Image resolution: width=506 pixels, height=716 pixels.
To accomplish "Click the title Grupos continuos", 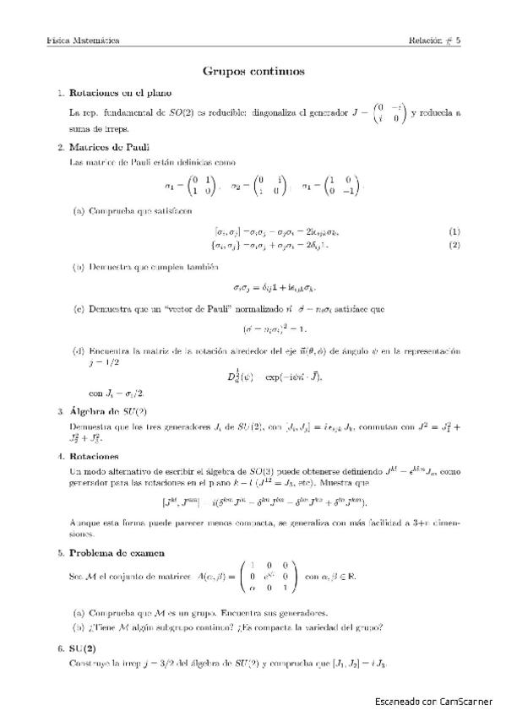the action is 253,72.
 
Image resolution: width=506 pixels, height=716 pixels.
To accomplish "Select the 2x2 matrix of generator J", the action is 390,111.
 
